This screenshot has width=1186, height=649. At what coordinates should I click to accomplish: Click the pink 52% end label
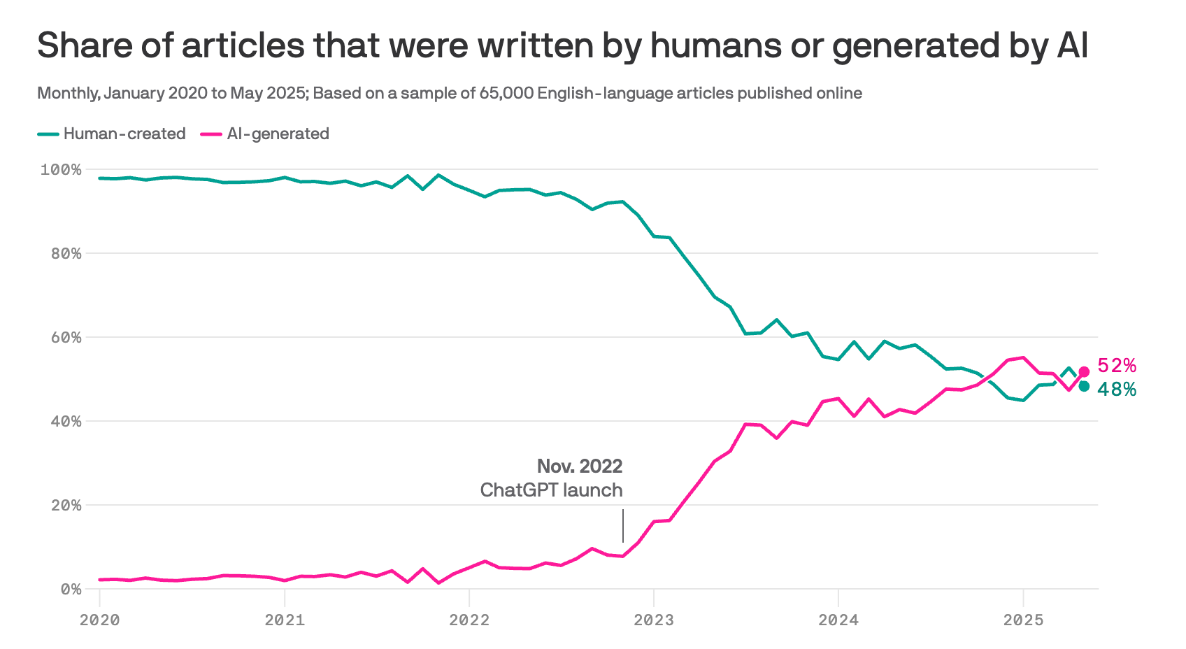point(1116,366)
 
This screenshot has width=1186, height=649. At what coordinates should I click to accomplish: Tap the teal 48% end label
point(1116,390)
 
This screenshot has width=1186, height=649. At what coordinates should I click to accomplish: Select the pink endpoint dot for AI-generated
point(1084,372)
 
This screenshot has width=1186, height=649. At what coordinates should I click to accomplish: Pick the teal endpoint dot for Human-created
point(1084,386)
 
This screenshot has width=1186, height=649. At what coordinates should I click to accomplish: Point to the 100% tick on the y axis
point(61,170)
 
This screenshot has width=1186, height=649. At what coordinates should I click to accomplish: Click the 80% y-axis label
point(66,254)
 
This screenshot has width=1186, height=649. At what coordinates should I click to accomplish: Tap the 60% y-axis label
point(66,338)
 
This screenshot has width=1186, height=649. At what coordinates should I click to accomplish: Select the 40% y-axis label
point(66,422)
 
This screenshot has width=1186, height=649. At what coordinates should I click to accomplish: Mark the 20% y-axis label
point(66,506)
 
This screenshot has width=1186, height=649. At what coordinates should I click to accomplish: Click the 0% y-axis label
point(71,590)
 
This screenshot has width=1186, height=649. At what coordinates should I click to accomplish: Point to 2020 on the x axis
point(100,620)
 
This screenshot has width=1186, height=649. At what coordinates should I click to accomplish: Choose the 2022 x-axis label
point(469,620)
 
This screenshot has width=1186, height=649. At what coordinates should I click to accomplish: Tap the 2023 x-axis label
point(654,620)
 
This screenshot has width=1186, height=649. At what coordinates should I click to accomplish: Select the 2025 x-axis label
point(1023,620)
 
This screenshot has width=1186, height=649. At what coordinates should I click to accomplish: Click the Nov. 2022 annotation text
point(580,466)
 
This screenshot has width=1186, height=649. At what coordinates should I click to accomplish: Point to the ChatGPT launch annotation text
point(551,490)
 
